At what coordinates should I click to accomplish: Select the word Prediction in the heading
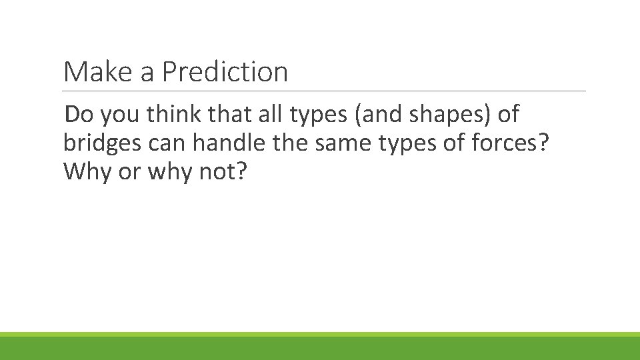[x=225, y=72]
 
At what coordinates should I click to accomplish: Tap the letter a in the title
[x=147, y=73]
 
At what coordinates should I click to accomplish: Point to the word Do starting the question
[x=79, y=115]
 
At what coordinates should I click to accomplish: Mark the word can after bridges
[x=167, y=144]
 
